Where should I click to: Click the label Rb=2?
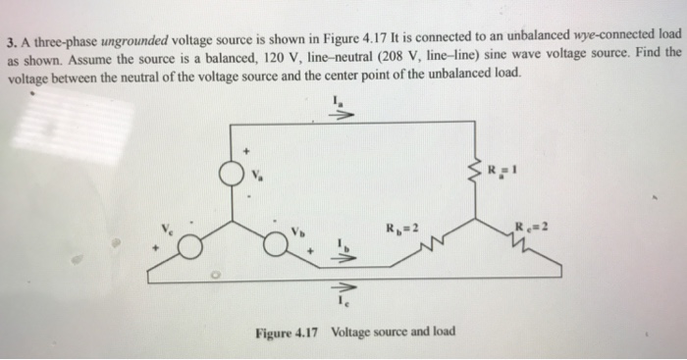pos(405,229)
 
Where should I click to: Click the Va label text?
pos(260,177)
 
